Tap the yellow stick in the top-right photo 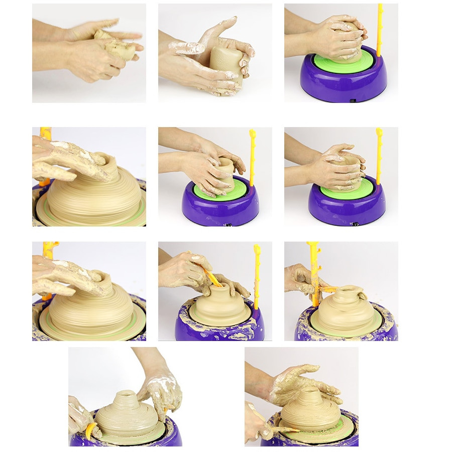tap(379, 30)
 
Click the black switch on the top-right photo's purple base tap(353, 100)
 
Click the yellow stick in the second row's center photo tap(252, 156)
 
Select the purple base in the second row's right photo tap(347, 206)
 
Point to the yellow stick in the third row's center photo tap(257, 276)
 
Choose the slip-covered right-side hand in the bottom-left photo tap(161, 392)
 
